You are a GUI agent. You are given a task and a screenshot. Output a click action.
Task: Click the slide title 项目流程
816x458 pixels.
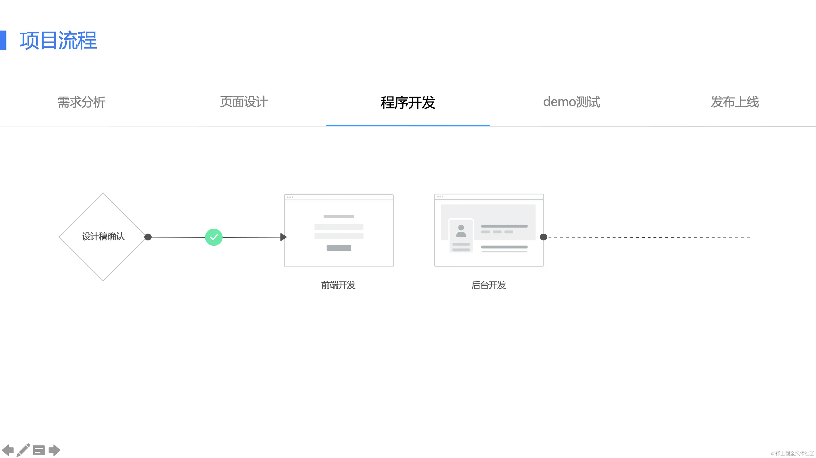pos(58,40)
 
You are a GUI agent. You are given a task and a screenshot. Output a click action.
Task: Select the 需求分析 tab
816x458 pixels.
pos(81,102)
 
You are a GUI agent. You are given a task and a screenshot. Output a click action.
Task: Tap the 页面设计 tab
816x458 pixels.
pos(244,102)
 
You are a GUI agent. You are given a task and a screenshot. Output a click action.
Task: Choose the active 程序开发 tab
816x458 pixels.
pos(408,102)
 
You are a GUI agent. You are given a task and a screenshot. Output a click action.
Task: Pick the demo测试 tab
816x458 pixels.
pos(572,102)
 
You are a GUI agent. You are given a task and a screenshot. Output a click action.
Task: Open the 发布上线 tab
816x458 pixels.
pos(735,102)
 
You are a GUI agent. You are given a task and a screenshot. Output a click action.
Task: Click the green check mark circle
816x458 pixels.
pos(214,237)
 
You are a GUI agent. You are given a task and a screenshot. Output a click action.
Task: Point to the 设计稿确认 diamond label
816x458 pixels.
pos(103,236)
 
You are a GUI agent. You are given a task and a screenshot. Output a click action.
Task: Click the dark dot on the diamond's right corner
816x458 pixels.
pos(148,237)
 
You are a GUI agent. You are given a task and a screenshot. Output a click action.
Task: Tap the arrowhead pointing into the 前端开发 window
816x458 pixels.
pos(283,237)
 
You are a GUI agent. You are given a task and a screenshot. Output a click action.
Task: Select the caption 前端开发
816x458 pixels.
pos(338,285)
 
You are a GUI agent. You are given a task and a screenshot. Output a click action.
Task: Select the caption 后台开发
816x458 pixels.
pos(488,285)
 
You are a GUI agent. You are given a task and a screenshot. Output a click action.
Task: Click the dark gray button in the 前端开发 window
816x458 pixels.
pos(339,248)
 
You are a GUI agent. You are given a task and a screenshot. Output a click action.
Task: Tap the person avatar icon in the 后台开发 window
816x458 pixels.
pos(461,231)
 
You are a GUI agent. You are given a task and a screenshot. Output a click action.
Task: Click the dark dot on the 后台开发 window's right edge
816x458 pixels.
pos(543,237)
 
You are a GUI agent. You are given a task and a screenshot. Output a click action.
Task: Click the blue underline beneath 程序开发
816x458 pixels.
pos(408,125)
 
